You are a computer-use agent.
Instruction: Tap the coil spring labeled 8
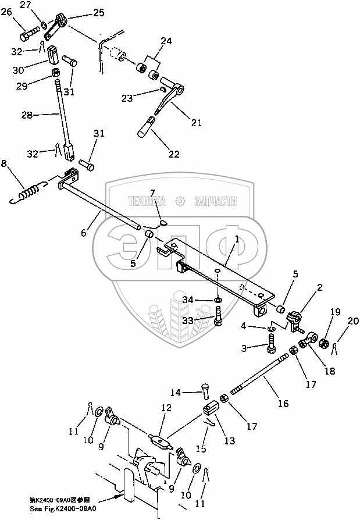(29, 191)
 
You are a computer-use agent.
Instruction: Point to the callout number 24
(166, 41)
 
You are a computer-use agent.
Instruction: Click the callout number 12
(167, 408)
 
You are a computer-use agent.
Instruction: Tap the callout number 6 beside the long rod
(83, 233)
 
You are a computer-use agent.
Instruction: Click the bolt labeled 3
(272, 348)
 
